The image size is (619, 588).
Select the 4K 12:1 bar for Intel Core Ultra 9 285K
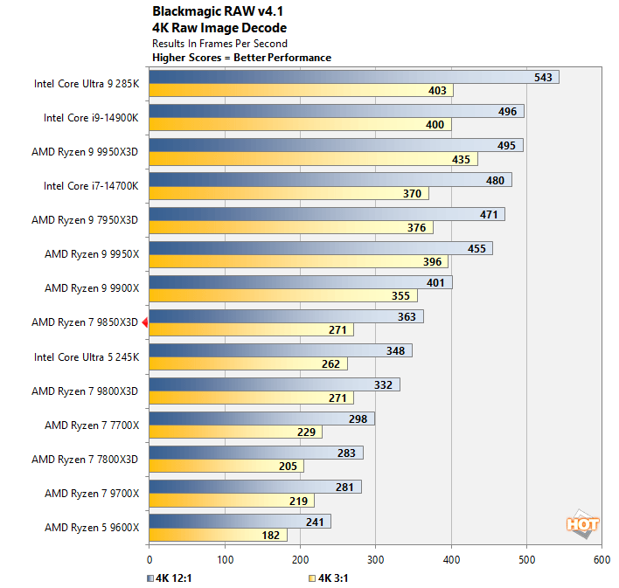[x=350, y=77]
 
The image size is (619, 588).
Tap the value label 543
[x=544, y=77]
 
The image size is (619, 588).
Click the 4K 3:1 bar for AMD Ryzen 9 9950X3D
[x=310, y=159]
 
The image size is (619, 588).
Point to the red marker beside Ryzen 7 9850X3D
[x=145, y=322]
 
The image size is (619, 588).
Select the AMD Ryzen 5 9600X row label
[x=91, y=527]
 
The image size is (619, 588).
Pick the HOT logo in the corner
[x=582, y=523]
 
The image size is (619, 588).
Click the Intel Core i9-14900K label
[x=91, y=117]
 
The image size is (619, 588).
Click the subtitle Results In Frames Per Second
[x=219, y=43]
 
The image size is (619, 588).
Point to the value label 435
[x=463, y=159]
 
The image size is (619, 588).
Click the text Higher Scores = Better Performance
[x=241, y=58]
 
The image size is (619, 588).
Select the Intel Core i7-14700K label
[x=91, y=185]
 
